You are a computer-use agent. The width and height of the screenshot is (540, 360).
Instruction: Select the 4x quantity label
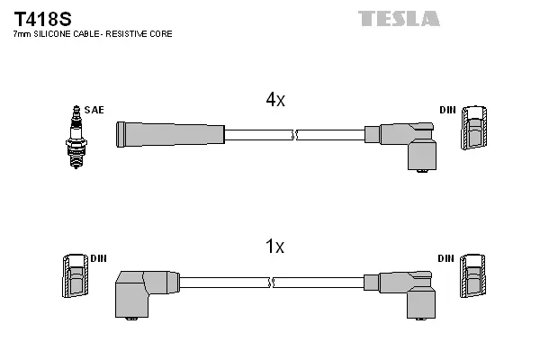tap(275, 101)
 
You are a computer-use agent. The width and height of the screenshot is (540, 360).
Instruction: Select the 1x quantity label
tap(275, 247)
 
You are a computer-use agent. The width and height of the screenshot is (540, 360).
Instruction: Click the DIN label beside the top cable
tap(447, 110)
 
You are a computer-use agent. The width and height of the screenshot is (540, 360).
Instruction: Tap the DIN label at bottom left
tap(98, 258)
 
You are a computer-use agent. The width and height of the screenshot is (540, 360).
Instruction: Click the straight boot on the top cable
tap(169, 134)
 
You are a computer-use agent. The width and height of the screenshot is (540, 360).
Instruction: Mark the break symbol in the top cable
tap(295, 135)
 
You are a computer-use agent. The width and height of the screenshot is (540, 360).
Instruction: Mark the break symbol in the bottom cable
tap(271, 282)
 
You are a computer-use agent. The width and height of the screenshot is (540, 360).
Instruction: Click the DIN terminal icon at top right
tap(474, 129)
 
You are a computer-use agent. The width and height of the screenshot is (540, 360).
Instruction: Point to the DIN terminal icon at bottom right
tap(474, 276)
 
